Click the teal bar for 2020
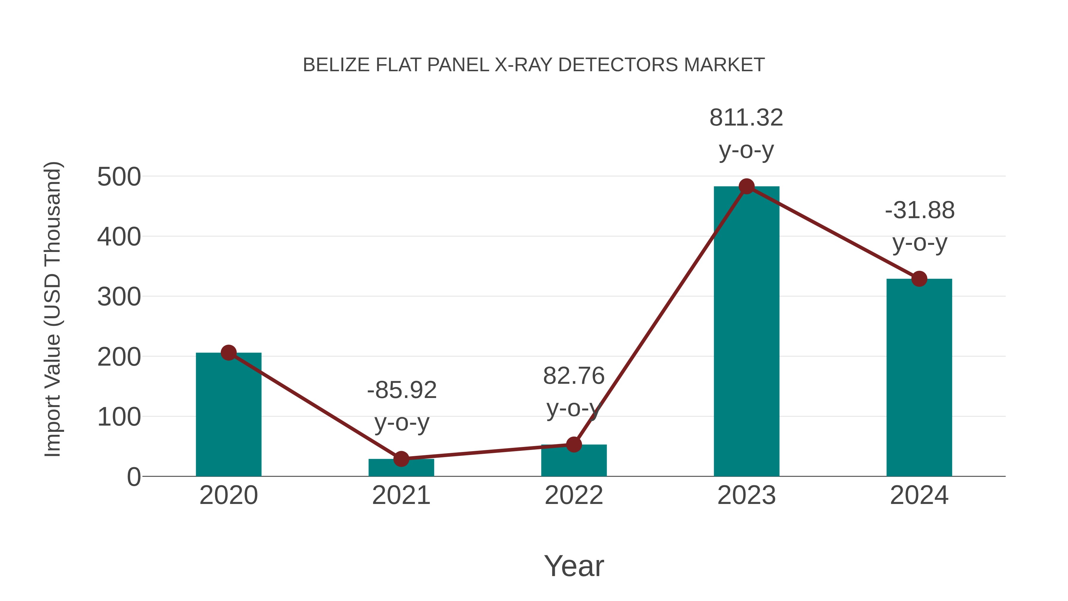click(228, 415)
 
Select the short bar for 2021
click(401, 468)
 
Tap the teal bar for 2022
click(573, 461)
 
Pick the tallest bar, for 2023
click(746, 332)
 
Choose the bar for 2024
click(919, 378)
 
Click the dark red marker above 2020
click(228, 353)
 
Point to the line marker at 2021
click(401, 459)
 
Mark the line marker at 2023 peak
click(746, 187)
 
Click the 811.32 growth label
click(746, 118)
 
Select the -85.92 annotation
click(402, 390)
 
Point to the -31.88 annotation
click(920, 210)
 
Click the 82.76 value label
click(574, 376)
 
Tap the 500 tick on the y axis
click(119, 177)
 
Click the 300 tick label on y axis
click(119, 297)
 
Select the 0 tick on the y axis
click(134, 477)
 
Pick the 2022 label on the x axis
click(573, 495)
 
